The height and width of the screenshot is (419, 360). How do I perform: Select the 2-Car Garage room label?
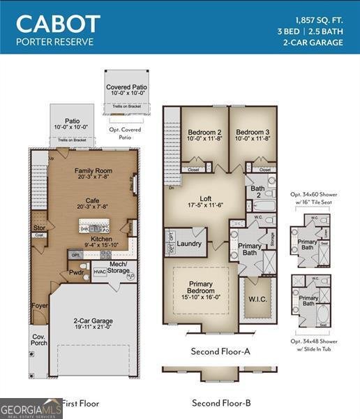point(93,322)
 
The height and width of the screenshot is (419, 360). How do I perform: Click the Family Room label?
point(93,170)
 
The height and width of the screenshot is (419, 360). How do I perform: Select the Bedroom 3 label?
point(253,132)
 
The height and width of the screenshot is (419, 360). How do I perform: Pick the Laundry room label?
point(189,244)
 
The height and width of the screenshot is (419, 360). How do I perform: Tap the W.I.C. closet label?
point(255,300)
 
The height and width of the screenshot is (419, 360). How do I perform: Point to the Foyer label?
point(39,306)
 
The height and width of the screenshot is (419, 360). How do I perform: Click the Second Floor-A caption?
point(220,351)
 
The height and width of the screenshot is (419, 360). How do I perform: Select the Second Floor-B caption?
point(220,403)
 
